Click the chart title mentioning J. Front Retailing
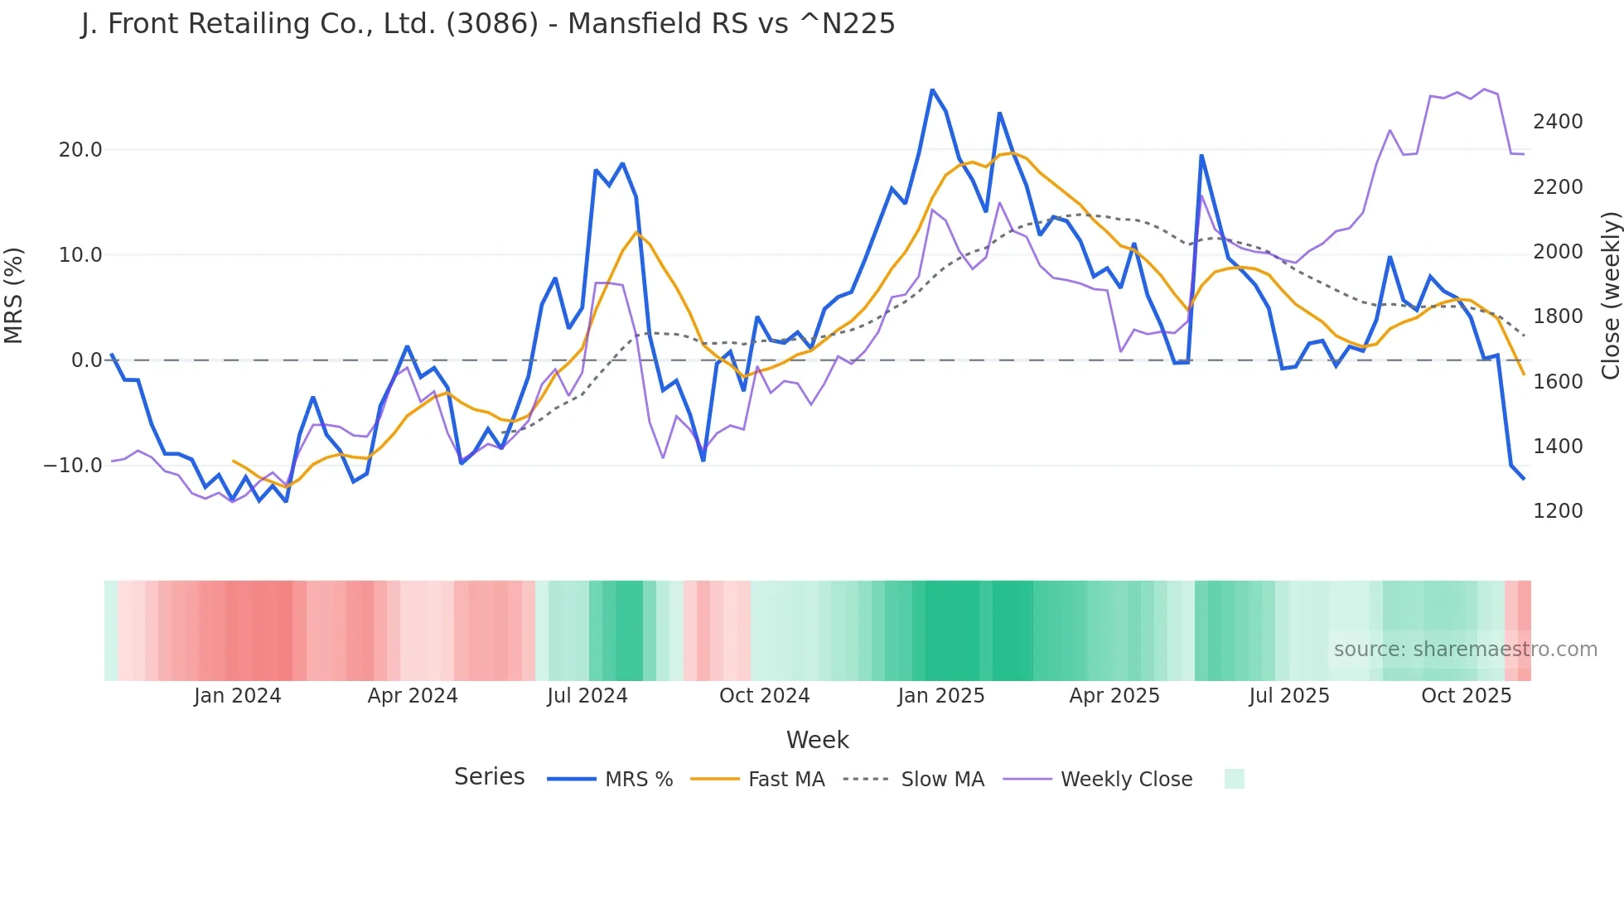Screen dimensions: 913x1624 tap(488, 24)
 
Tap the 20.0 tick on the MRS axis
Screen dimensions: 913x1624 tap(80, 150)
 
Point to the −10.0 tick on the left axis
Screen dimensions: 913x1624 tap(74, 466)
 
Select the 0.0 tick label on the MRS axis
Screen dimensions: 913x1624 tap(87, 360)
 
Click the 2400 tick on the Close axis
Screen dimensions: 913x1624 tap(1558, 122)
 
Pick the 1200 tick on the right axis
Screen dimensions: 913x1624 tap(1558, 511)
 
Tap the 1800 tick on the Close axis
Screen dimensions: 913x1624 tap(1558, 316)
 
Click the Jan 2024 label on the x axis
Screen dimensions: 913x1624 tap(238, 696)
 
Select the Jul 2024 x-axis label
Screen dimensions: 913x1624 tap(587, 696)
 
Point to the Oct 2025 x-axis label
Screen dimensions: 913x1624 tap(1467, 696)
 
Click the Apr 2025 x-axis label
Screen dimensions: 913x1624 tap(1114, 696)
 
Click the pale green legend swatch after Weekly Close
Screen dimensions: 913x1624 tap(1235, 779)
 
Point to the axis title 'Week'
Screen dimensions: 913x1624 tap(817, 740)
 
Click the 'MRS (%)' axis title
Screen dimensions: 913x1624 tap(14, 296)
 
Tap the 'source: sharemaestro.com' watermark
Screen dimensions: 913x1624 tap(1465, 650)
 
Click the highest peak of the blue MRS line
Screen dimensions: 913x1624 tap(932, 89)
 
